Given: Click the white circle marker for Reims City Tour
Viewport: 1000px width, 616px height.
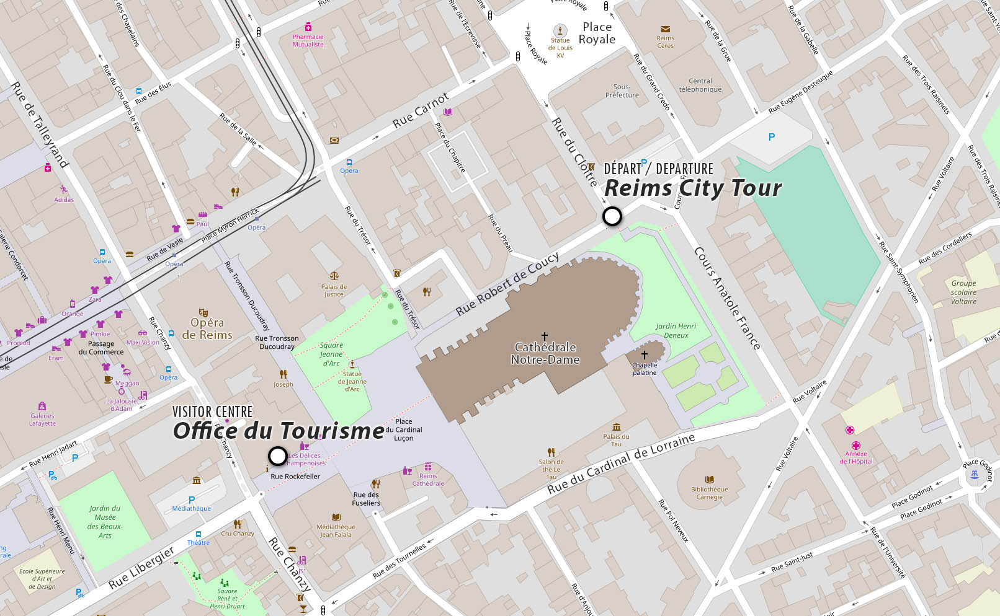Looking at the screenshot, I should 612,216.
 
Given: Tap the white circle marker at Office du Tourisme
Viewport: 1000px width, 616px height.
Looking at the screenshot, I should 277,456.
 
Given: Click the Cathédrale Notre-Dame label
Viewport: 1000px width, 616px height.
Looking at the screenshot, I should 545,353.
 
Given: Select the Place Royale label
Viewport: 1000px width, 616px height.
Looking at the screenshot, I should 597,33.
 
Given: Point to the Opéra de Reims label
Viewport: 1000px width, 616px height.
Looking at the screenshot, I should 207,328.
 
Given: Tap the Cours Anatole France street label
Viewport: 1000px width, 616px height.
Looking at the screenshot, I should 727,298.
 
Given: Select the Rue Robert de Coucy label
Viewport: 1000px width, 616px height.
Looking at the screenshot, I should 507,284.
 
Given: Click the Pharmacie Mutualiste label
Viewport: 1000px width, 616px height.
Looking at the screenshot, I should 308,40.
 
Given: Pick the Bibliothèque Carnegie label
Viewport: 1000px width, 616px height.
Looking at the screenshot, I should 709,493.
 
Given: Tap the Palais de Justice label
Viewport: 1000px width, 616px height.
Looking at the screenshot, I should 334,290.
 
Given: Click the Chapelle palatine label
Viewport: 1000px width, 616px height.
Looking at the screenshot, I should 645,369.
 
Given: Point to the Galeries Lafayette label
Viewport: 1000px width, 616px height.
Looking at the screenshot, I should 42,420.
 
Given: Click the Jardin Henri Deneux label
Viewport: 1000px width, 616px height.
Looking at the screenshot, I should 676,330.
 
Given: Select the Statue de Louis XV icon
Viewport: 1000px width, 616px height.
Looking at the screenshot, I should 560,30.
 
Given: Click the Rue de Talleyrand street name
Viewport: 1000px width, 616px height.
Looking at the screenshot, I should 39,125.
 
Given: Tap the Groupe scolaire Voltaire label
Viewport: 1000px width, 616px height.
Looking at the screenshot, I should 963,292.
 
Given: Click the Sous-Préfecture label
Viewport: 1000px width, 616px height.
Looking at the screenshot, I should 622,91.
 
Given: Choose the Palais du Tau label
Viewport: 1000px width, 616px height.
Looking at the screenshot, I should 616,440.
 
